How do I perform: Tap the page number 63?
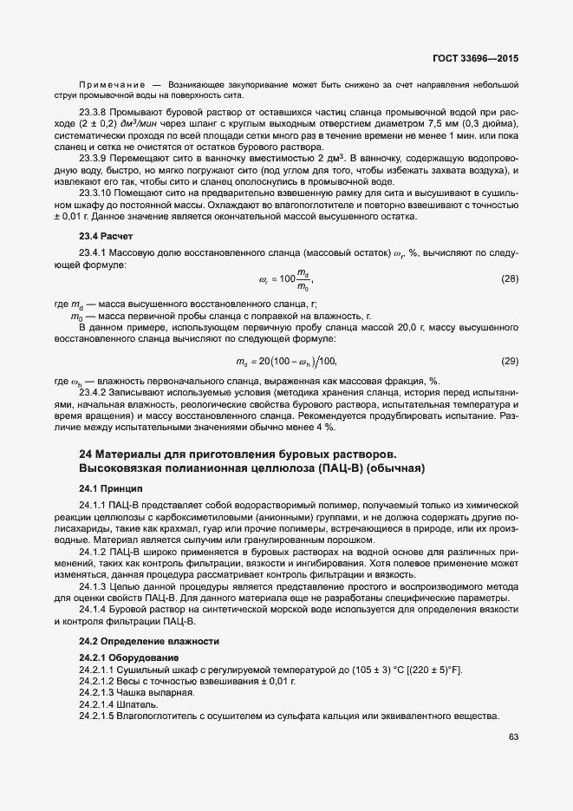click(x=512, y=737)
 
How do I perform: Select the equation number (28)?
click(x=510, y=279)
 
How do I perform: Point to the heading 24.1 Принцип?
click(x=106, y=488)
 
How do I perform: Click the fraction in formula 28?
click(x=301, y=280)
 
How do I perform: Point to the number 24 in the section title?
click(x=85, y=455)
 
